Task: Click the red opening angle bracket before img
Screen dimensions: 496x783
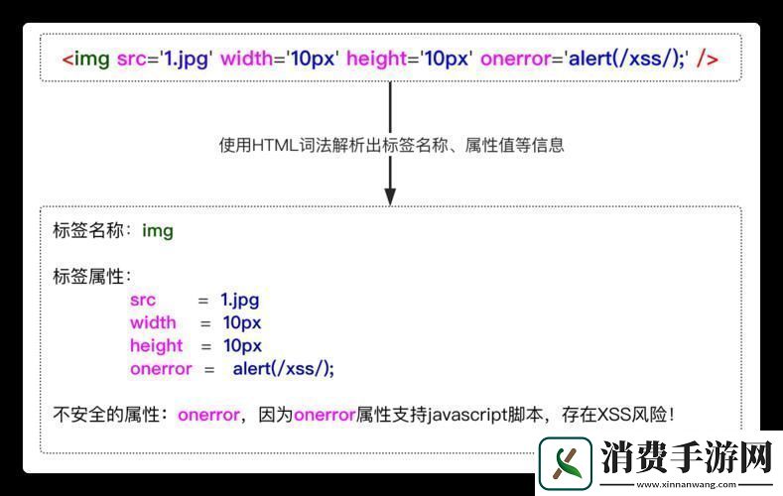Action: click(67, 59)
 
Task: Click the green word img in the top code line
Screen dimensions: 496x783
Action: click(92, 59)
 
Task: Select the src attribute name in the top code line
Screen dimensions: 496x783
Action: click(131, 59)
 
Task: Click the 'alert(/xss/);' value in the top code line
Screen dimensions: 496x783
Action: click(627, 59)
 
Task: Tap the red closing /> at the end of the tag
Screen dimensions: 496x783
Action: click(708, 59)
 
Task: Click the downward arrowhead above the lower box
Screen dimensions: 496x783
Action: click(390, 194)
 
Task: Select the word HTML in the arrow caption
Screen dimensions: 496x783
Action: click(273, 145)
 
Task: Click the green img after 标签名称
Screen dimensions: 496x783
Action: click(158, 231)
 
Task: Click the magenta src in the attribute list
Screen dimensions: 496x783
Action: click(143, 300)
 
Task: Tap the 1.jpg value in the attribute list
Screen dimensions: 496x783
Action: click(239, 300)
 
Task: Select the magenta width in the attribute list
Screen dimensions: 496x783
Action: click(153, 322)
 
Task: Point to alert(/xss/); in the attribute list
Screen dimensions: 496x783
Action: click(284, 369)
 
